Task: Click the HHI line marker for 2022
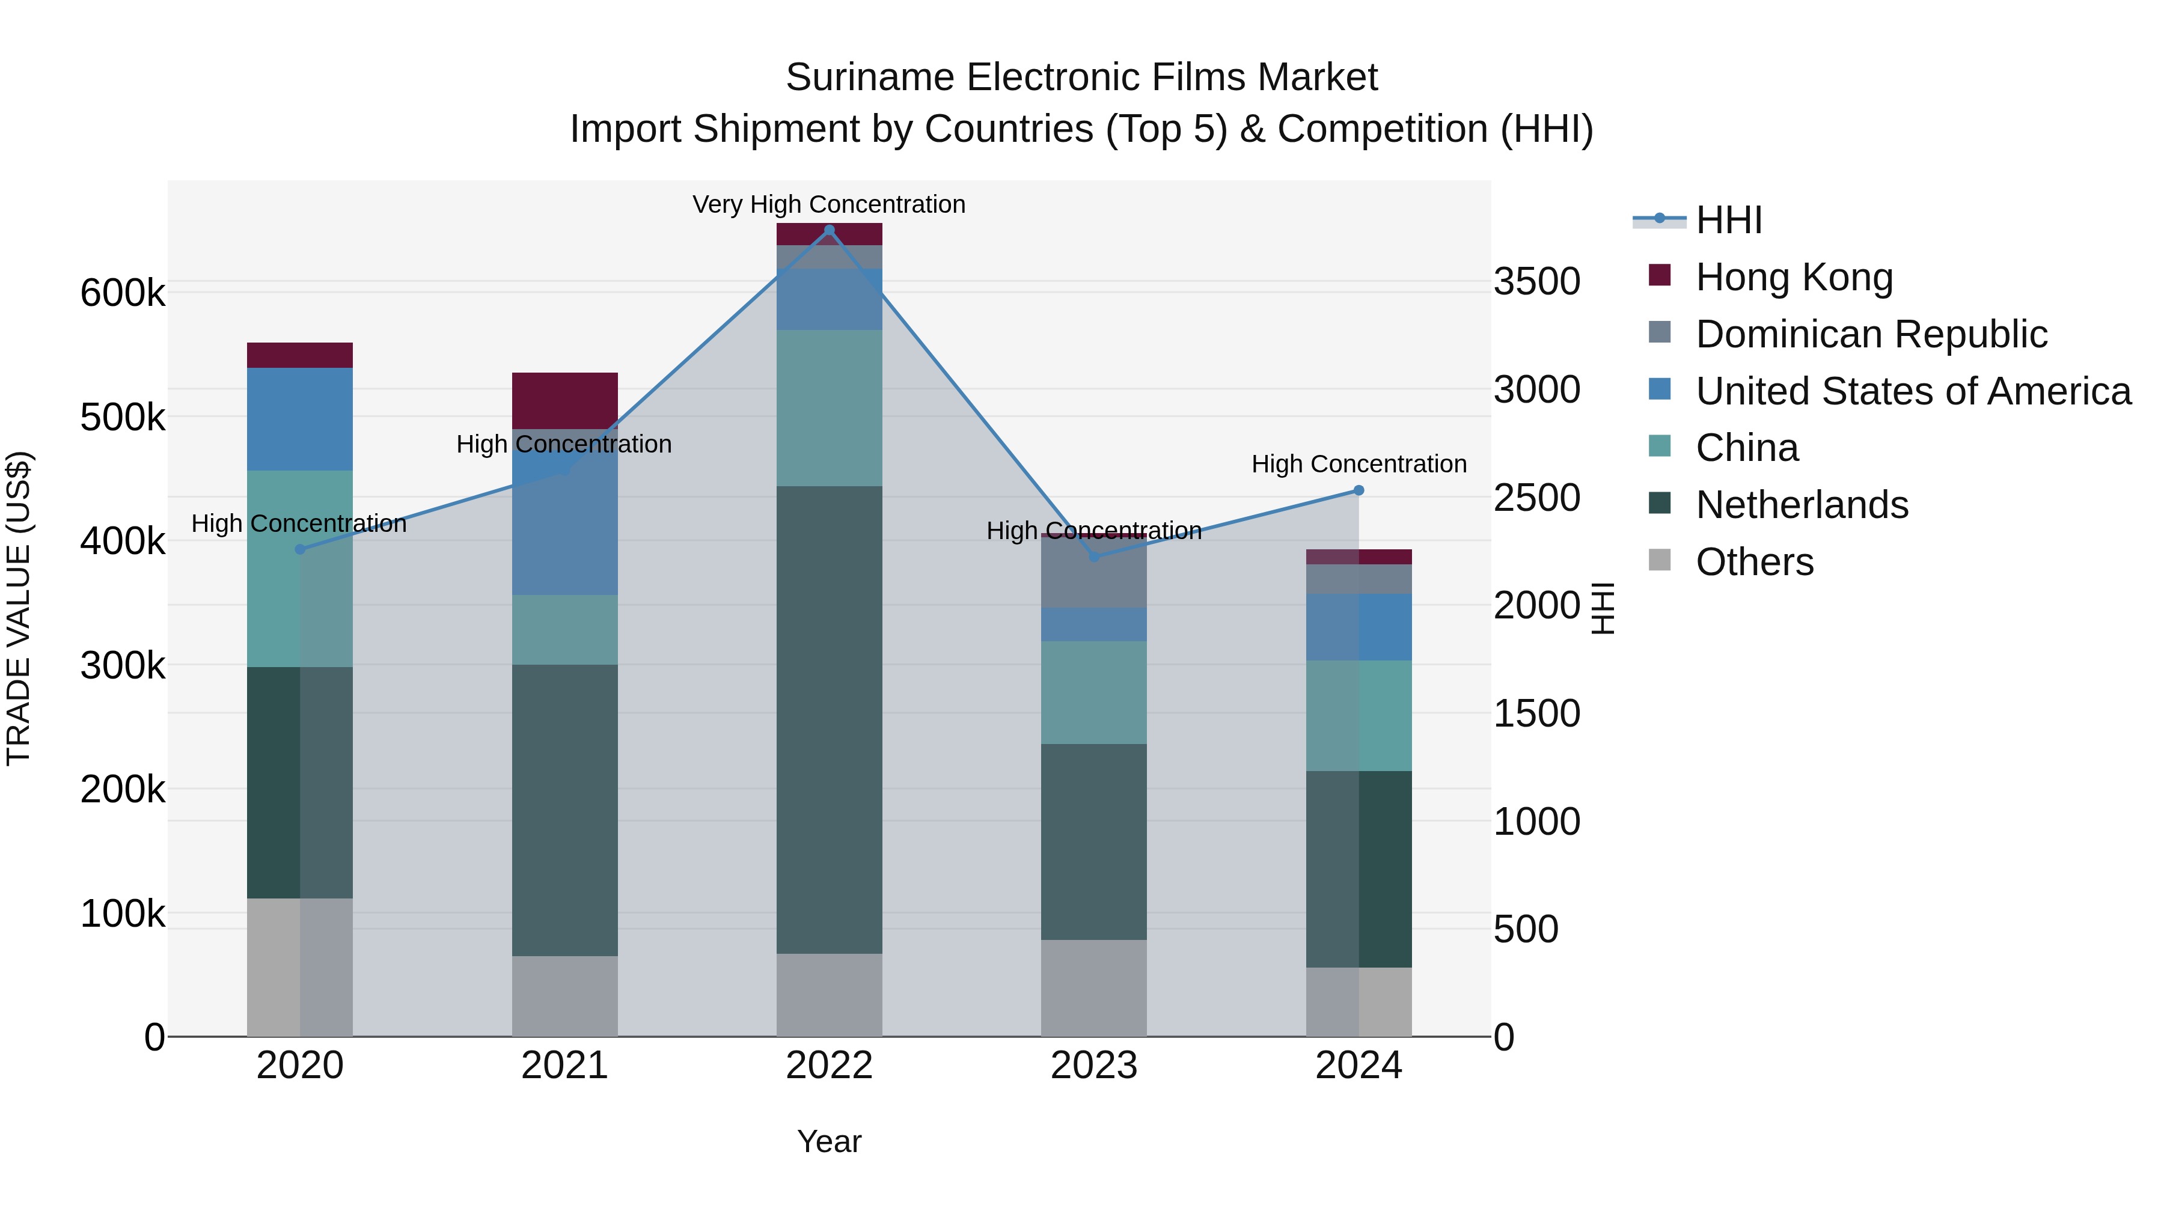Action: pyautogui.click(x=829, y=230)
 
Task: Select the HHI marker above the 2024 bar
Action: pyautogui.click(x=1359, y=490)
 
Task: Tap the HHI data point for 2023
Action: pyautogui.click(x=1094, y=557)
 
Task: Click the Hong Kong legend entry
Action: pyautogui.click(x=1794, y=277)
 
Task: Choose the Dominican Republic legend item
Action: pyautogui.click(x=1871, y=334)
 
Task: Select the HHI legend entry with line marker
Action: pyautogui.click(x=1729, y=220)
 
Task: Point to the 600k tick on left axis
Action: pyautogui.click(x=123, y=294)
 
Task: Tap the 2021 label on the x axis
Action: pyautogui.click(x=564, y=1066)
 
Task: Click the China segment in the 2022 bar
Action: pyautogui.click(x=829, y=407)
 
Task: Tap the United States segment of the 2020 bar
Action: pyautogui.click(x=300, y=418)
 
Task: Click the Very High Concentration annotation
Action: pyautogui.click(x=828, y=204)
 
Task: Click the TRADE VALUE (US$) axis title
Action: pyautogui.click(x=19, y=608)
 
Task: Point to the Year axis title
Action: pyautogui.click(x=828, y=1141)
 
